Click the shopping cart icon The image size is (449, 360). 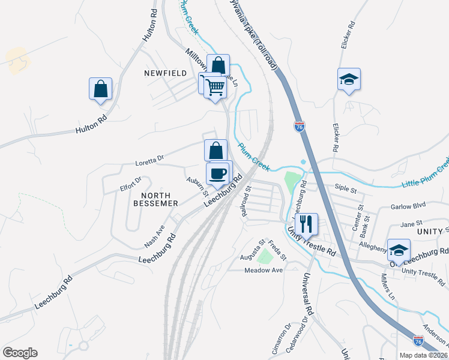[x=214, y=88]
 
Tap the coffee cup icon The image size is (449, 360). [x=217, y=174]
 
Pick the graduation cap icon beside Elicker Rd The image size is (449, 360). [x=349, y=80]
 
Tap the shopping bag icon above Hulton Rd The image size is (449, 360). [x=101, y=89]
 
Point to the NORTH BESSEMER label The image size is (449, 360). [x=160, y=199]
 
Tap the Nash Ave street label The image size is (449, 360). [x=154, y=236]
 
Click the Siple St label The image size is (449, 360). [x=346, y=190]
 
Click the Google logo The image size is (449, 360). [x=20, y=353]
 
